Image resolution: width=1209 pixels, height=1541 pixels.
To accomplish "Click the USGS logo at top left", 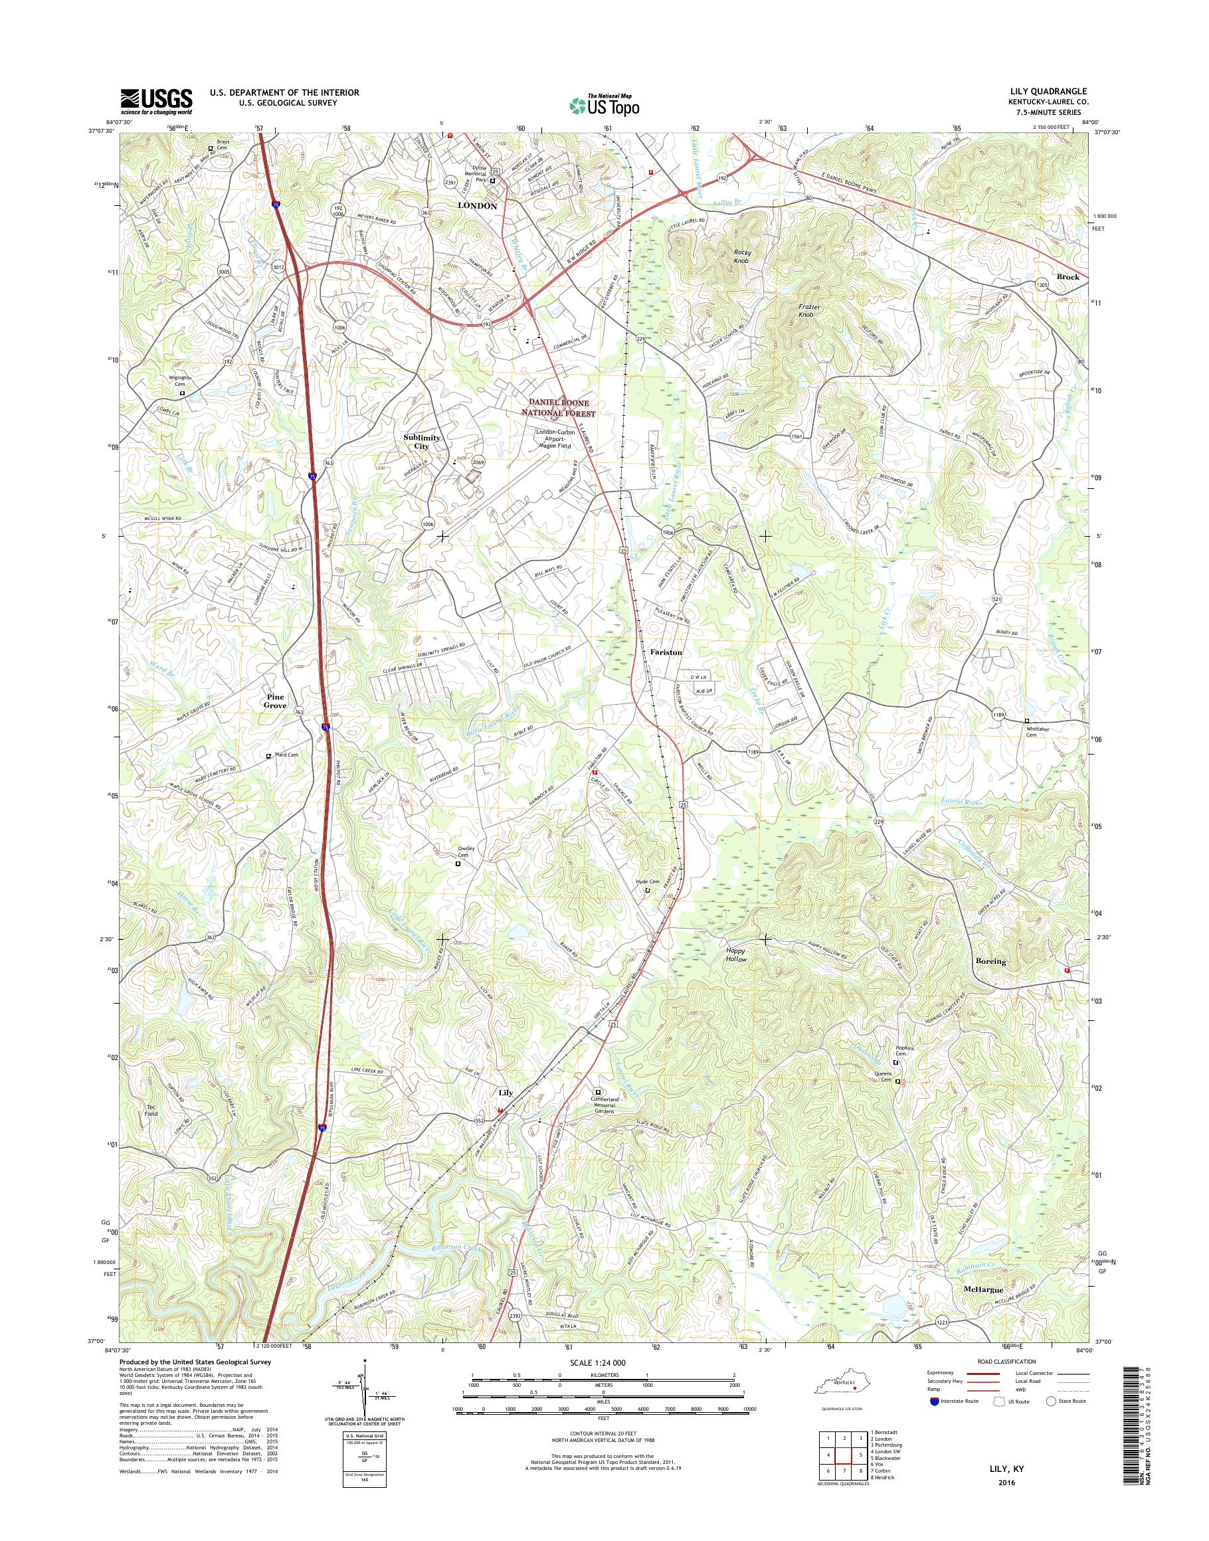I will pos(155,101).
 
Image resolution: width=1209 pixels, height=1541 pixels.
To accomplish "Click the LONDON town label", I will pos(477,206).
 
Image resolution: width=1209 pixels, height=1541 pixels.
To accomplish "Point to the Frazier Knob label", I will pos(803,310).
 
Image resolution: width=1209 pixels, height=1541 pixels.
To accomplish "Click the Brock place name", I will pos(1068,277).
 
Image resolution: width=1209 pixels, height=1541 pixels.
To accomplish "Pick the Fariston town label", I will pos(665,653).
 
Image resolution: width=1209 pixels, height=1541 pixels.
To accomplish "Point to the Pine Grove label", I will pos(280,701).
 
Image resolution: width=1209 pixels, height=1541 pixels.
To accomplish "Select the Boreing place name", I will pos(990,962).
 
